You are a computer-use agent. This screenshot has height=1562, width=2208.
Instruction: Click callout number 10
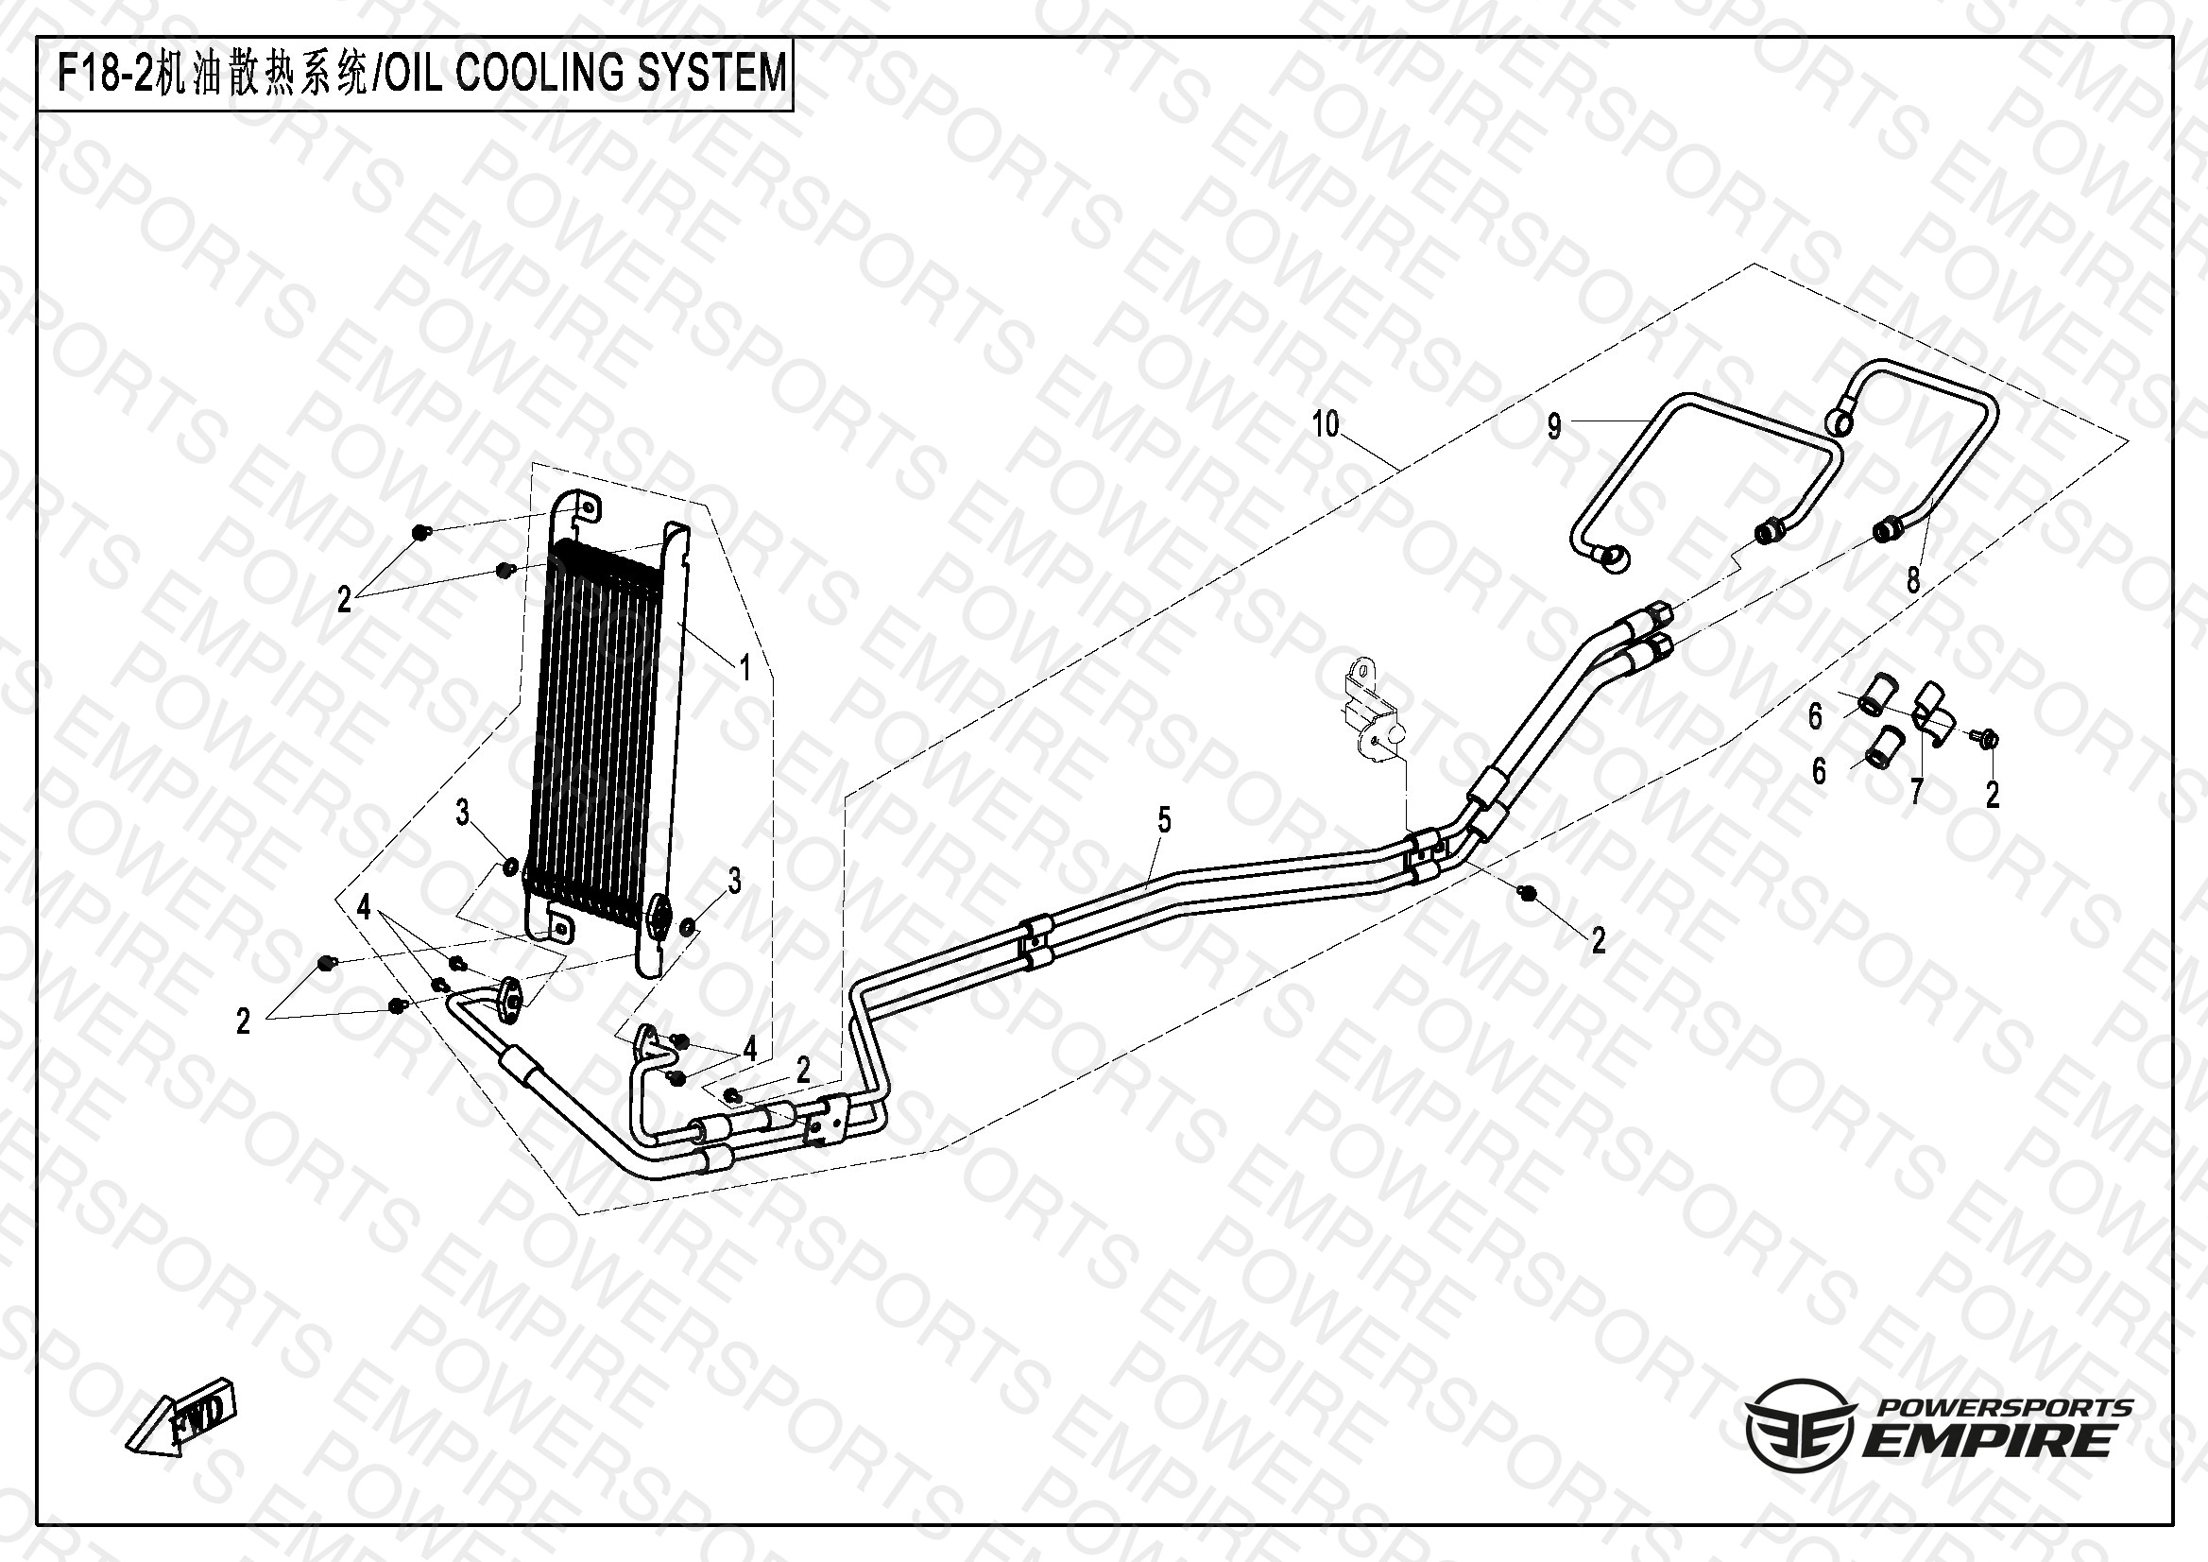click(1326, 424)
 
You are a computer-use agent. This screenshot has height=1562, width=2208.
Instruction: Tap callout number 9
click(1554, 426)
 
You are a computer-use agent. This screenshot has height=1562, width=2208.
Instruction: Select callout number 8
click(1913, 580)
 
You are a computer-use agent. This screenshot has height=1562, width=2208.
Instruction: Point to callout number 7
click(1916, 792)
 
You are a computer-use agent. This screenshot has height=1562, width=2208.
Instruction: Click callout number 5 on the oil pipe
click(1165, 820)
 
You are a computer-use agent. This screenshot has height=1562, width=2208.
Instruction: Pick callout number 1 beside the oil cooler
click(744, 666)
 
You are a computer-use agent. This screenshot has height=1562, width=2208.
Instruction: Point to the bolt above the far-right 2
click(1988, 739)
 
